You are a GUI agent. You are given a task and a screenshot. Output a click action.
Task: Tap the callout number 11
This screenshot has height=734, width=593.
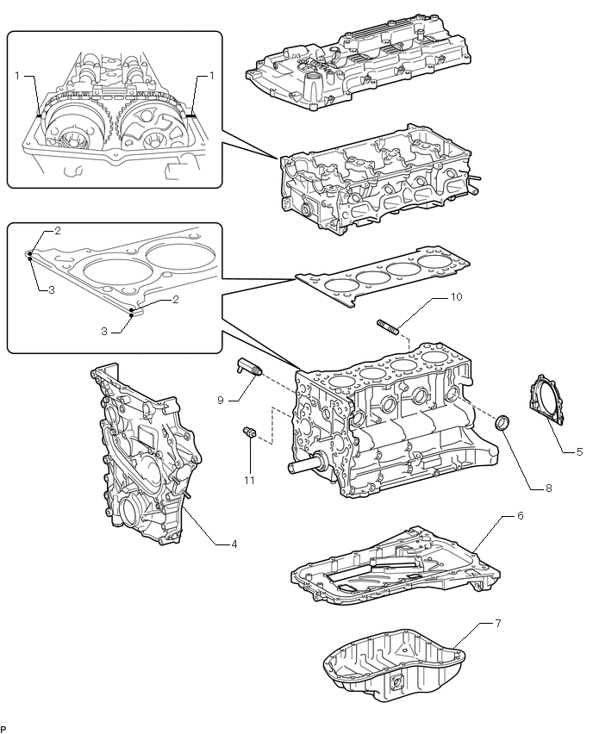(248, 480)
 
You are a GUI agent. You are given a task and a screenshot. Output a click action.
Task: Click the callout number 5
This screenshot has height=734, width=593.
(579, 450)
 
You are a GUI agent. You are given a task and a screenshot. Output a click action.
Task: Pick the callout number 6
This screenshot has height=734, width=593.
(520, 515)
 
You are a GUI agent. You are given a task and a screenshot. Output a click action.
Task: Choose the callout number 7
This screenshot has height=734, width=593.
(496, 621)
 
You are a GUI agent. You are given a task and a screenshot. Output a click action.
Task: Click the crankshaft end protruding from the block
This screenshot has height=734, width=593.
(310, 465)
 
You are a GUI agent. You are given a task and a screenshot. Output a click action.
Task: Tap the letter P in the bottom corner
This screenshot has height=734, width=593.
(3, 728)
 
